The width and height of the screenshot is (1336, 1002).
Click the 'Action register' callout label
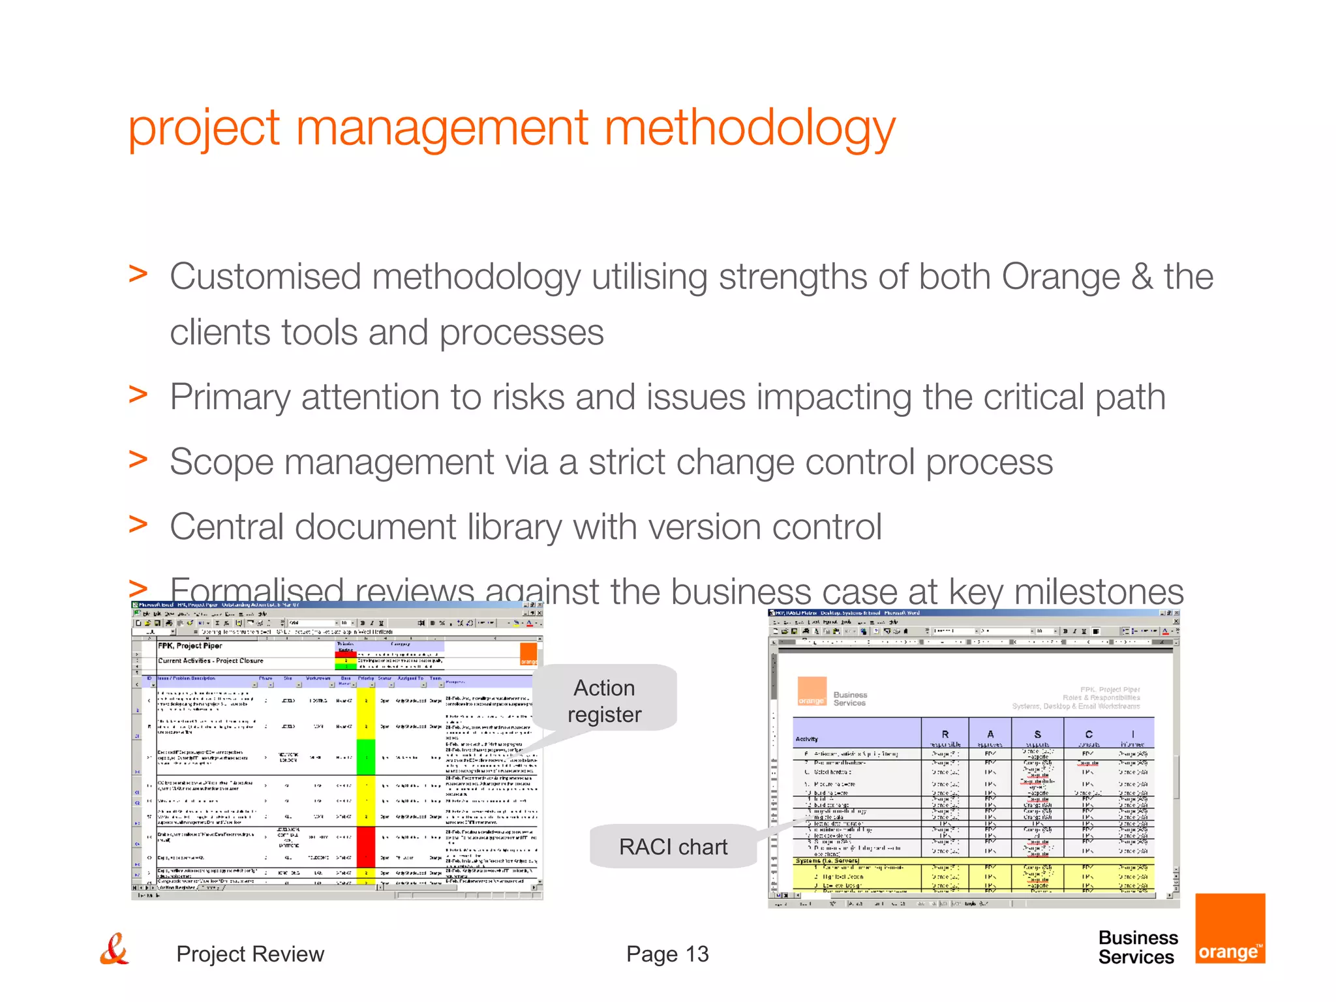pos(604,701)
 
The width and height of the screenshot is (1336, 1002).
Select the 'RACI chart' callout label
pos(673,847)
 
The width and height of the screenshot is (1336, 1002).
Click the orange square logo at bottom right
pos(1230,928)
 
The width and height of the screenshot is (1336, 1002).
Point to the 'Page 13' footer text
pos(667,954)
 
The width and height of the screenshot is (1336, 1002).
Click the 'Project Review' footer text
pos(250,954)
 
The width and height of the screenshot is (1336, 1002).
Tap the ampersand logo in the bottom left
pos(115,950)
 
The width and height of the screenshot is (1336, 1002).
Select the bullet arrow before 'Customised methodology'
pos(138,274)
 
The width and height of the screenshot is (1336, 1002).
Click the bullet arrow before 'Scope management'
pos(138,459)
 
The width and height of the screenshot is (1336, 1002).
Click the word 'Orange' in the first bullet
pos(1061,277)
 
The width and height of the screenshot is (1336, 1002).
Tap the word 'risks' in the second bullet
pos(528,397)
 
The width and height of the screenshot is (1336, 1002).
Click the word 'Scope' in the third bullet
pos(221,462)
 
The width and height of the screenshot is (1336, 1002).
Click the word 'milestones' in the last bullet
pos(1099,592)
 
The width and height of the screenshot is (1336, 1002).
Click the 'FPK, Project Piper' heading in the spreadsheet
pos(190,646)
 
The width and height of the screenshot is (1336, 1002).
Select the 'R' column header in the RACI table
pos(945,734)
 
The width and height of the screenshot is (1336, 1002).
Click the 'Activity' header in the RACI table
pos(807,739)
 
